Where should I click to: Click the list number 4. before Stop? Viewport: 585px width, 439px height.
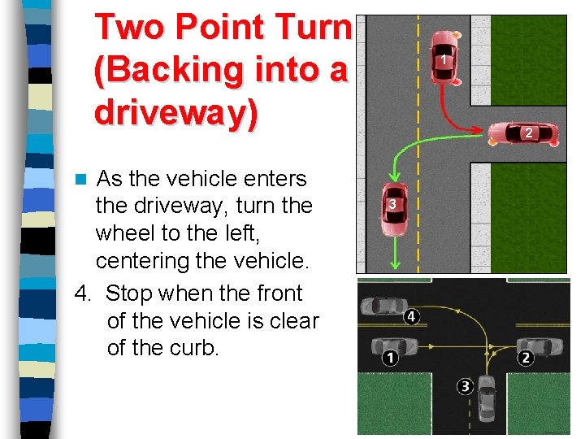coord(83,293)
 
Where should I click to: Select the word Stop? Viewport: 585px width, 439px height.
coord(132,293)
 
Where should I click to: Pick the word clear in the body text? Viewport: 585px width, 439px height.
coord(292,320)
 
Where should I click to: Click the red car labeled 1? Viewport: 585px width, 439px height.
coord(444,57)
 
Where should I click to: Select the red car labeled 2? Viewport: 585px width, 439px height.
coord(528,133)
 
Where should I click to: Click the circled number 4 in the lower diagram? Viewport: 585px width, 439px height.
coord(412,315)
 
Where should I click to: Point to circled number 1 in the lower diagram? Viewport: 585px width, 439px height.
coord(390,358)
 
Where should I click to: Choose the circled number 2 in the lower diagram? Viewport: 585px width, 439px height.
coord(526,358)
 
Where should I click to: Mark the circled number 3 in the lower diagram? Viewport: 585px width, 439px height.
coord(465,386)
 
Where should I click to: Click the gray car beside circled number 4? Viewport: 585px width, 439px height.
coord(379,308)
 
